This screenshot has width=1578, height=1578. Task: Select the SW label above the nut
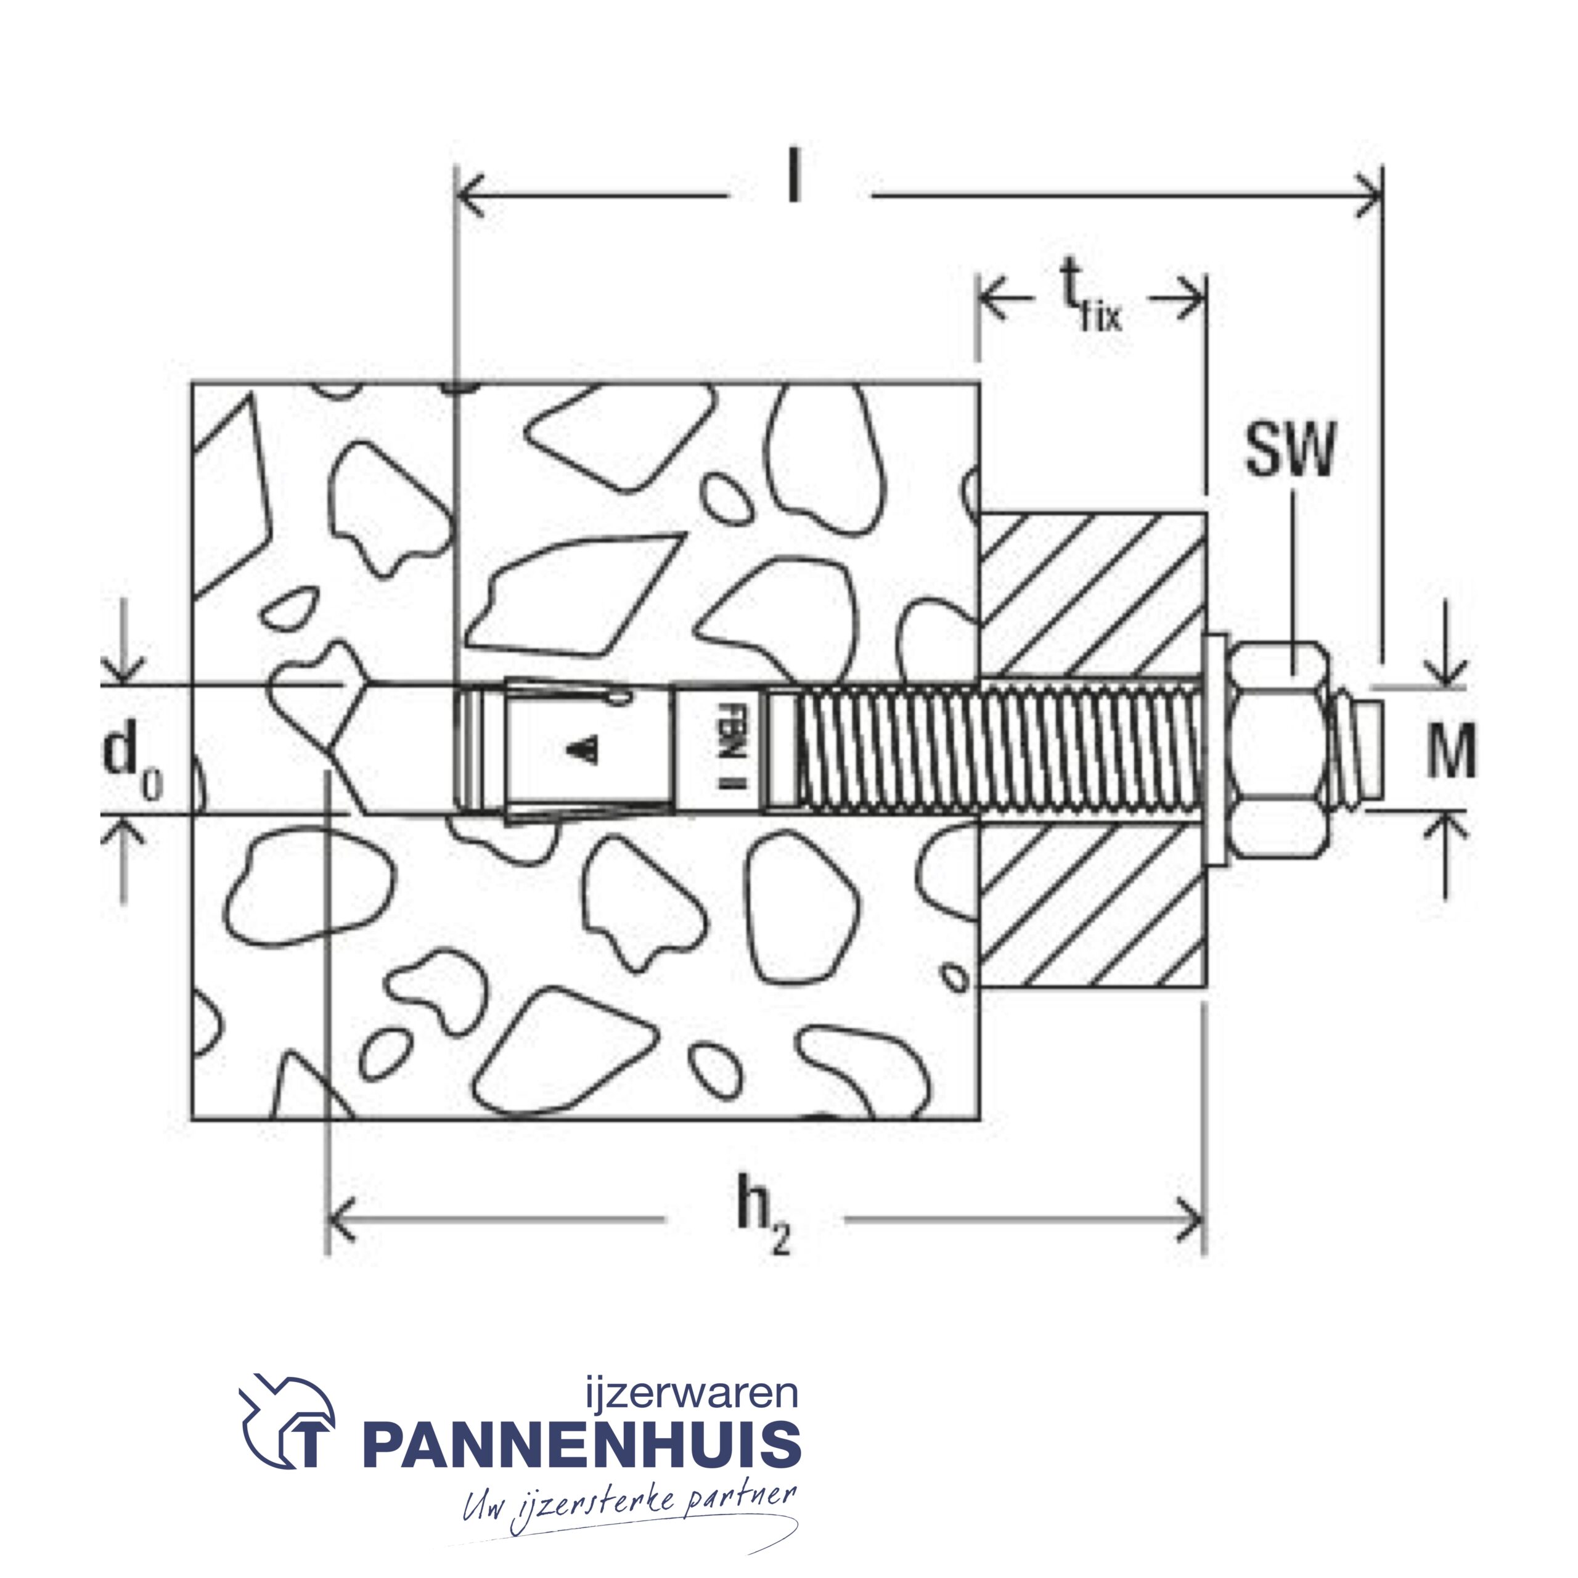pos(1290,450)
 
